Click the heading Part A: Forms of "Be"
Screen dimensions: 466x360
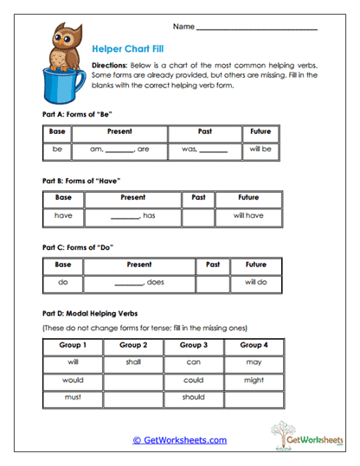78,114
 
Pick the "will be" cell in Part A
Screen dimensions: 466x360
260,150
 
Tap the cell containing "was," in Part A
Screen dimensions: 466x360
204,150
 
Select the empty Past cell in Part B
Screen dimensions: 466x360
197,215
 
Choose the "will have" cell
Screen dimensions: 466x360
248,215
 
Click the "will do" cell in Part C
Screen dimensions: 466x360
255,283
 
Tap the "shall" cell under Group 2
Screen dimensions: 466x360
133,363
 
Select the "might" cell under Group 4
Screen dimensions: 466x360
254,380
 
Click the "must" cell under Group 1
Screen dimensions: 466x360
73,398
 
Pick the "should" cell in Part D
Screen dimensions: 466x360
194,398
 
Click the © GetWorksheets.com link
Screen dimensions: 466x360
179,440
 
